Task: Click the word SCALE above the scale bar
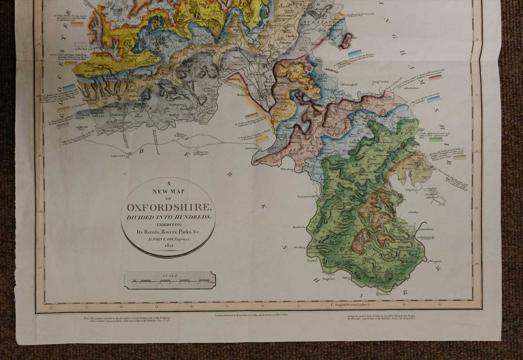pyautogui.click(x=170, y=276)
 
